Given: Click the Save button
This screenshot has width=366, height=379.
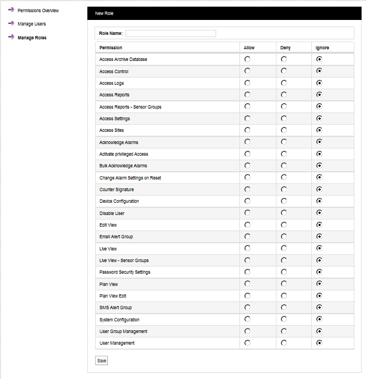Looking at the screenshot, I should coord(102,361).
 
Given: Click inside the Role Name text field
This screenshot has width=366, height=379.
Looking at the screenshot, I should coord(170,33).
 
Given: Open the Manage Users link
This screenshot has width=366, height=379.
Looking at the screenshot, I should coord(32,24).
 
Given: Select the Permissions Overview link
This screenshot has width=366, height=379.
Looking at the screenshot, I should coord(38,11).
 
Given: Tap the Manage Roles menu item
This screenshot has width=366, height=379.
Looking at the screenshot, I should coord(32,38).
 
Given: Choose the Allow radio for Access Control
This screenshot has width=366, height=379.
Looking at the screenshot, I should coord(247,71).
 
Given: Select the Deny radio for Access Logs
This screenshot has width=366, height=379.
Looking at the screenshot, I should coord(284,83).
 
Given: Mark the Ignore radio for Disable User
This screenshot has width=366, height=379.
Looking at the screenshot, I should coord(319,213).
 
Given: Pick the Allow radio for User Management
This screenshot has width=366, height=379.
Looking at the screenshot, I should coord(247,343).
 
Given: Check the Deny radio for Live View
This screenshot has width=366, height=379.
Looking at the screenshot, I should coord(284,248).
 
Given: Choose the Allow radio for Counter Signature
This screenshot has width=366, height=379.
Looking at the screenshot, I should coord(247,189).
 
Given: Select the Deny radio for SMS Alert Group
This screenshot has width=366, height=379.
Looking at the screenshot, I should coord(284,308).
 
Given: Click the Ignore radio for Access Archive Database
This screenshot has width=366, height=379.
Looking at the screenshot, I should coord(319,59).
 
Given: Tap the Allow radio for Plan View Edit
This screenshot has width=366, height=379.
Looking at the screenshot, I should coord(247,296).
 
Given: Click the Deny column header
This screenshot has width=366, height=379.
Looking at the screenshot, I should coord(285,48).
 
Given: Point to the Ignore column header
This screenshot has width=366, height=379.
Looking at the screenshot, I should coord(322,48).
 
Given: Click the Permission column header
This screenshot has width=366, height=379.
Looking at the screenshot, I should coord(111,48).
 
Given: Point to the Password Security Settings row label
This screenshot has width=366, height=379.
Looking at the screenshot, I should coord(124,272).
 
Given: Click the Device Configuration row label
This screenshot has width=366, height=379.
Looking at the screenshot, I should coord(119,201).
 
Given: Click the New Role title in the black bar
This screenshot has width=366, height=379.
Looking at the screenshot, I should coord(104,13).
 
